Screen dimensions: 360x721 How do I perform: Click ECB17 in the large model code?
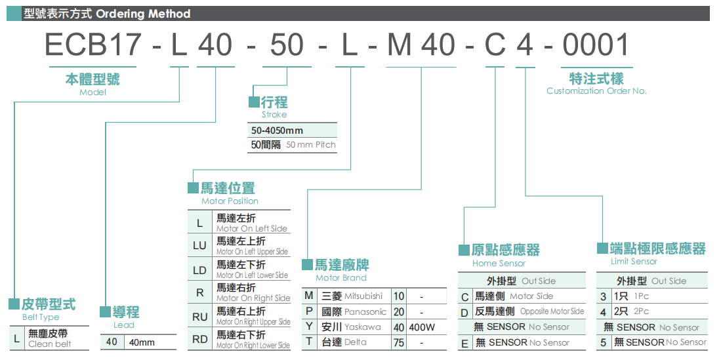[x=93, y=45]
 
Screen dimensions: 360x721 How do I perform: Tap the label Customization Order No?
[x=596, y=91]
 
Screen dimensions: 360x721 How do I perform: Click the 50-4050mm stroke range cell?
[x=277, y=130]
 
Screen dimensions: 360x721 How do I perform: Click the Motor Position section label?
[x=230, y=201]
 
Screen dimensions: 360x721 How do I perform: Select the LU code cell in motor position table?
[x=199, y=247]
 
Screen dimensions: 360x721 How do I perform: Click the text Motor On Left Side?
[x=252, y=229]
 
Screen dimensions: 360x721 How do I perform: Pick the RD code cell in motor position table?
[x=199, y=340]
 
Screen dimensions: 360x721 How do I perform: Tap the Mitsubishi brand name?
[x=363, y=296]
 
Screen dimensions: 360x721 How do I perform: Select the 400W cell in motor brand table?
[x=421, y=327]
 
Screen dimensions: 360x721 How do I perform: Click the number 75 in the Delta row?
[x=398, y=342]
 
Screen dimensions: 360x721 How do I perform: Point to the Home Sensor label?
[x=499, y=264]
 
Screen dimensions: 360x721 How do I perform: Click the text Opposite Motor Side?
[x=552, y=311]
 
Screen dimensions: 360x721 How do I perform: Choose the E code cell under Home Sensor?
[x=464, y=343]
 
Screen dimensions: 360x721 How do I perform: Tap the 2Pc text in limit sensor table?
[x=641, y=311]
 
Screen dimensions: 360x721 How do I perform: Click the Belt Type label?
[x=41, y=317]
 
